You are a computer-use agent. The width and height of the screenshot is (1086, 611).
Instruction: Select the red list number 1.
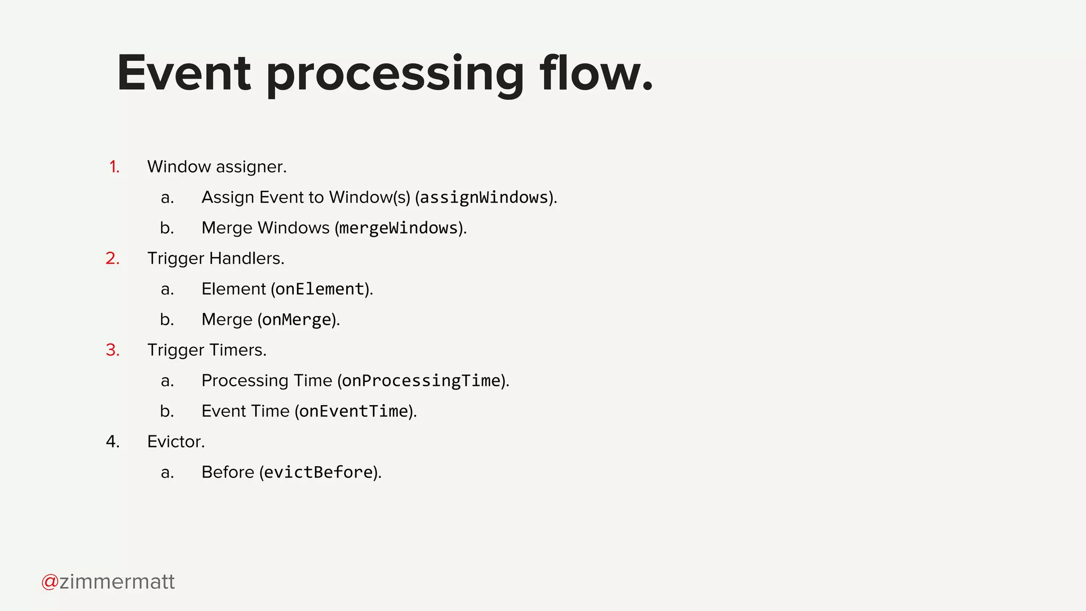114,167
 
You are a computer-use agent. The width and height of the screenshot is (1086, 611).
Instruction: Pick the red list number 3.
112,350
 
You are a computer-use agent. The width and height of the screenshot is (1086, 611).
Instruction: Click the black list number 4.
112,442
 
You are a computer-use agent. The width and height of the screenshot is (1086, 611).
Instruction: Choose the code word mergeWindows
398,228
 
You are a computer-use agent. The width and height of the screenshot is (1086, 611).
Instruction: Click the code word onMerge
296,320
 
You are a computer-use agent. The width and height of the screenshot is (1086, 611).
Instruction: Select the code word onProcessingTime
422,381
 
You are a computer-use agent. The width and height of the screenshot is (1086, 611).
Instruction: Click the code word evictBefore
318,473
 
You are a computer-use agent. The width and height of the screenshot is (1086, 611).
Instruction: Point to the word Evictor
176,442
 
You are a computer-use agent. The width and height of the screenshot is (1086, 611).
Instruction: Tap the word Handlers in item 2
247,258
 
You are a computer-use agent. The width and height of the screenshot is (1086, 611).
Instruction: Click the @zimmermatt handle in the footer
108,582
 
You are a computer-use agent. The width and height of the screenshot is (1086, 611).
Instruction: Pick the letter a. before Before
167,473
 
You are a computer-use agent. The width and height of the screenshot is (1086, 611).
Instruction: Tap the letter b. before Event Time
167,412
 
